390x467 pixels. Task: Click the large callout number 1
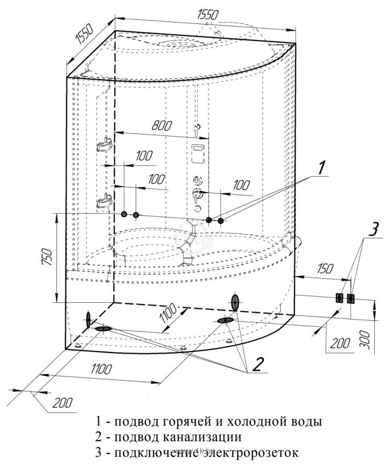pos(321,167)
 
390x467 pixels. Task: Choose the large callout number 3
pos(372,230)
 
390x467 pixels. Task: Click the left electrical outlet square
pos(339,298)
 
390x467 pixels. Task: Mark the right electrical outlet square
pos(350,298)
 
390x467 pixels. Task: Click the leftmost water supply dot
pos(124,214)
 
